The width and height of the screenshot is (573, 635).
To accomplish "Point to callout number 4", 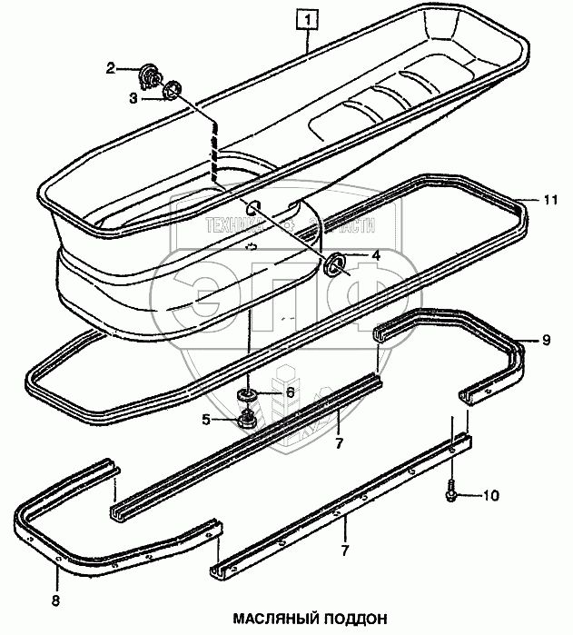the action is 374,255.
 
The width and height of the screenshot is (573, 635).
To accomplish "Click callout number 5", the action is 206,420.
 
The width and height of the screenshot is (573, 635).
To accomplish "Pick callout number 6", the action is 290,392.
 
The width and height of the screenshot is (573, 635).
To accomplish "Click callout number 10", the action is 490,495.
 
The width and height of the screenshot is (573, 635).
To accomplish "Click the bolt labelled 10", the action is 451,491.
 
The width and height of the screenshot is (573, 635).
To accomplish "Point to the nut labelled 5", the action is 244,420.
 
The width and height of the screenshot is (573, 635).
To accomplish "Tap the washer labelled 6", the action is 245,395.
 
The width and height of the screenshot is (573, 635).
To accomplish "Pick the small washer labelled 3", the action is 171,91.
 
